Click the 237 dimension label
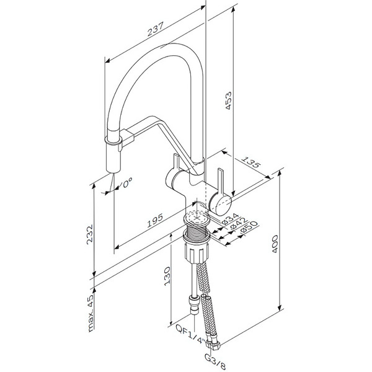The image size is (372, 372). (156, 29)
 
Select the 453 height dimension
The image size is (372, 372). (228, 100)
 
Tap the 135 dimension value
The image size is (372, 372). (251, 162)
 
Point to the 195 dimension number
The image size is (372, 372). (155, 221)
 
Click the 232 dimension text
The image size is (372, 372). (90, 234)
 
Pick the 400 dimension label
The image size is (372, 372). (275, 244)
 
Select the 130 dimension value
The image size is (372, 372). (167, 276)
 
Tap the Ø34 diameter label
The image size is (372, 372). (231, 219)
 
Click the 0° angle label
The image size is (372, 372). (127, 183)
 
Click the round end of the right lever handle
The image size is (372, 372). (220, 204)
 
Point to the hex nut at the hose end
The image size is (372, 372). (214, 343)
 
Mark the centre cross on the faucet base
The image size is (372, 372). (197, 217)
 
